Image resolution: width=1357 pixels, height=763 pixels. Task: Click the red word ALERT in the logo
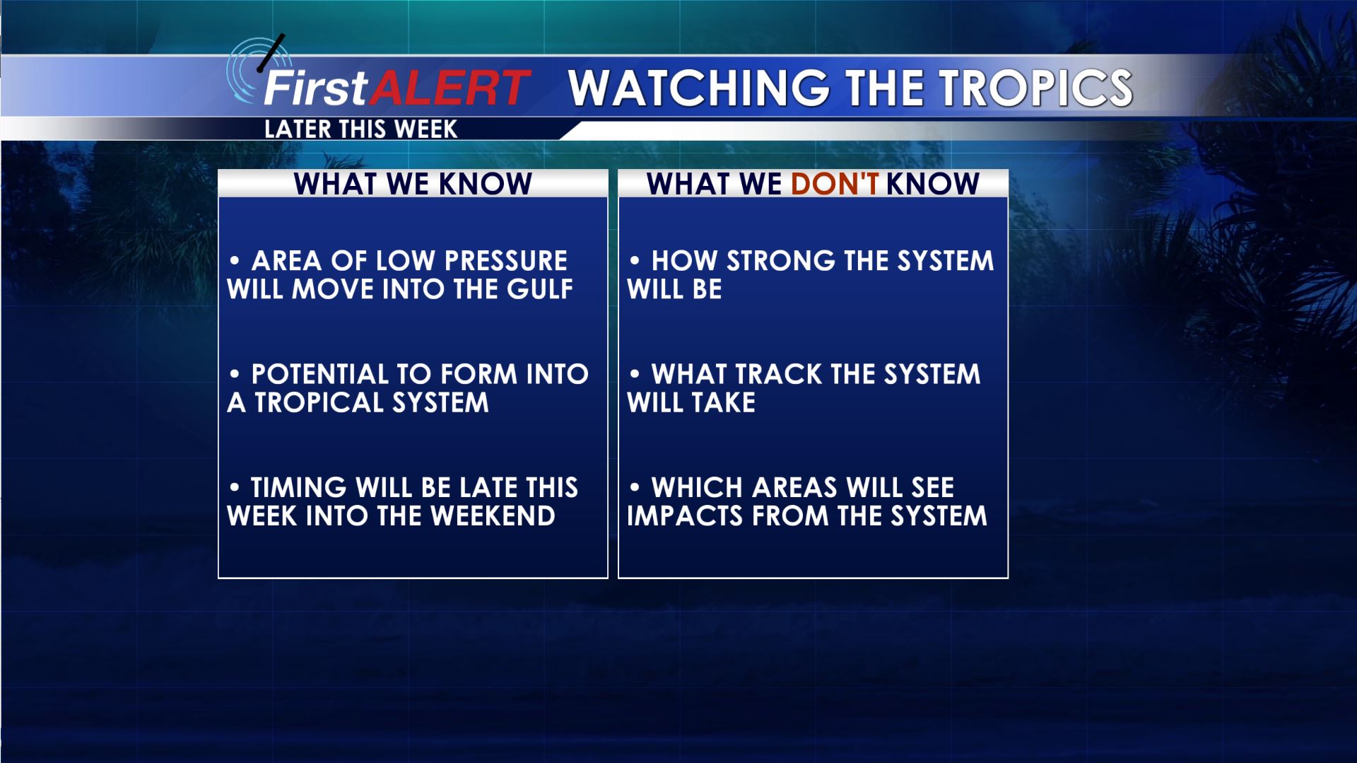pos(450,88)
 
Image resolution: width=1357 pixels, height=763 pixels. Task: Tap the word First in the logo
pos(316,88)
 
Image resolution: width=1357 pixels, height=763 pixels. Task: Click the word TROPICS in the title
pos(1035,88)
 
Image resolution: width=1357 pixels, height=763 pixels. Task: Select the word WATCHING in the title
pos(699,88)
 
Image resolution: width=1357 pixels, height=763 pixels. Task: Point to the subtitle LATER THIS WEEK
pos(360,129)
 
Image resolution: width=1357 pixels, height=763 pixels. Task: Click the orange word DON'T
pos(835,184)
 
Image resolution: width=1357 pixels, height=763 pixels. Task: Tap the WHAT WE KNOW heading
pos(413,184)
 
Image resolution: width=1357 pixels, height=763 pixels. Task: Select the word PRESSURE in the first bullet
pos(506,261)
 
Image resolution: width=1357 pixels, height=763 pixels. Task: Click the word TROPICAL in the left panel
pos(320,403)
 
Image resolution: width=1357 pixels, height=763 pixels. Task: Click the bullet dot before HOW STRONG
pos(635,261)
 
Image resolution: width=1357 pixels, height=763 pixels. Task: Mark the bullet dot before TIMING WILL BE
pos(235,487)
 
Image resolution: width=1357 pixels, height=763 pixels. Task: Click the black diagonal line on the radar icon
pos(272,53)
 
